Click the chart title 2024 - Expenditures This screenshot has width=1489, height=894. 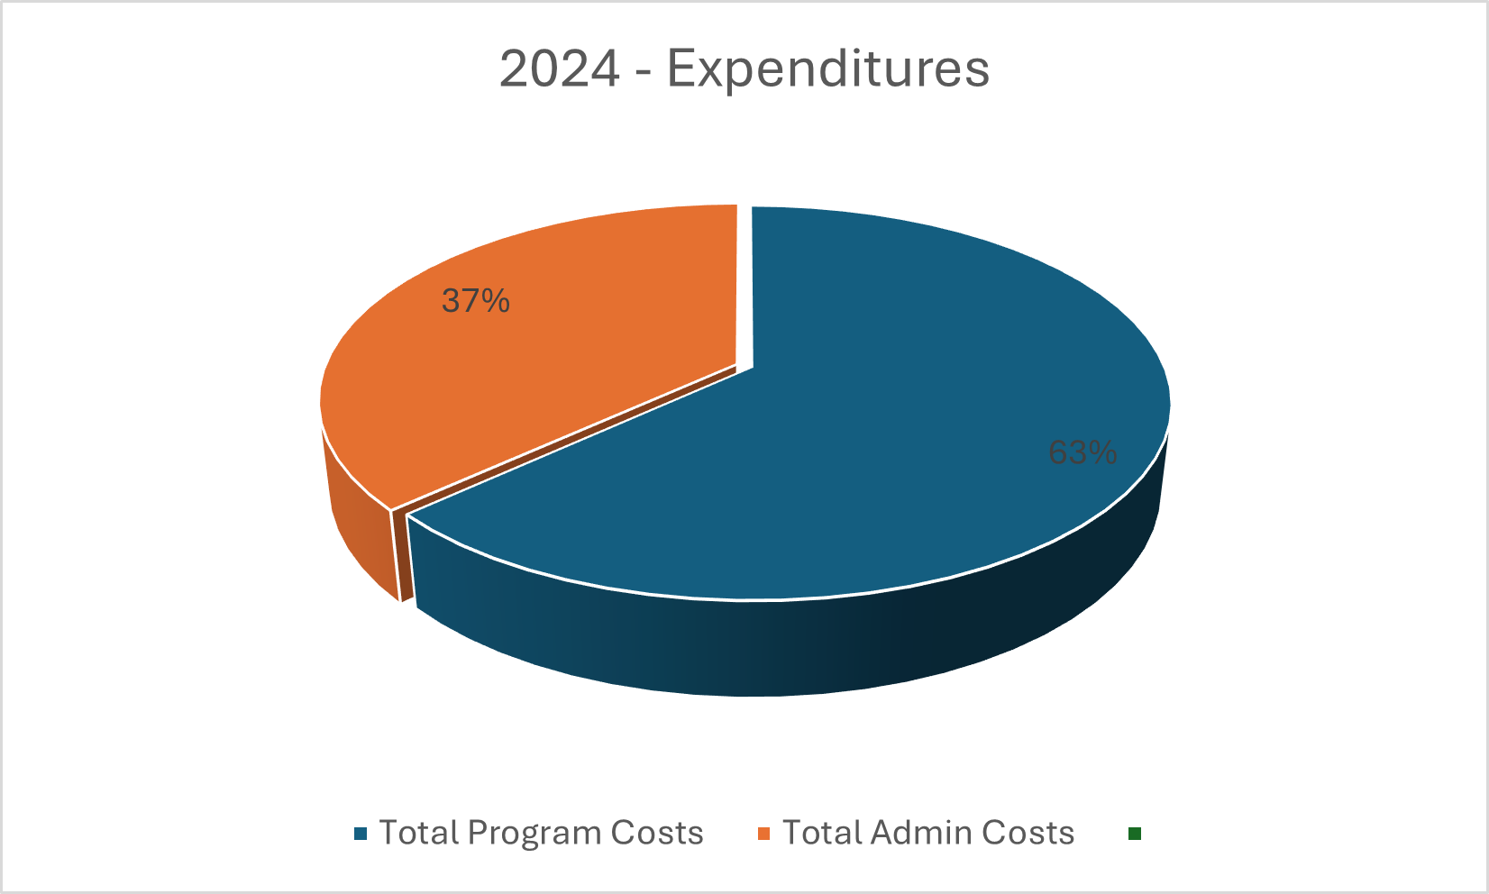(x=744, y=69)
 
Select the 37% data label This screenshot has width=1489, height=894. (x=476, y=301)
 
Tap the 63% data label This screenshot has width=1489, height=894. (x=1082, y=452)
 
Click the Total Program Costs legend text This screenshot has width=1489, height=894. (x=541, y=833)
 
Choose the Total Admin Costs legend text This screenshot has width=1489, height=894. (x=928, y=833)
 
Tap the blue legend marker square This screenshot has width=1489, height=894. (x=361, y=834)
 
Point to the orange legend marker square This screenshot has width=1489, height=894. (x=764, y=834)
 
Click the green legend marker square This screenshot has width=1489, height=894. (x=1135, y=834)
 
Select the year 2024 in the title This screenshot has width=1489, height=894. (x=560, y=69)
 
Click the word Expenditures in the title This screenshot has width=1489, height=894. (x=828, y=69)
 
